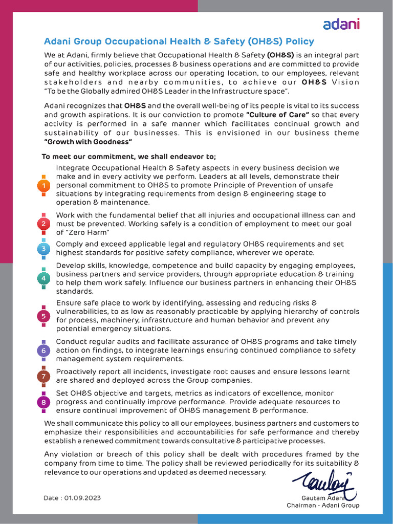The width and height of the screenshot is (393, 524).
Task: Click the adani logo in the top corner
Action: point(341,24)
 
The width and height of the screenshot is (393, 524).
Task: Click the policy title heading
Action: point(179,41)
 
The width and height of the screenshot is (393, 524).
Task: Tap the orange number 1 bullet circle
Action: point(44,185)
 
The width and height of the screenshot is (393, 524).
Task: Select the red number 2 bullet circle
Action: point(44,224)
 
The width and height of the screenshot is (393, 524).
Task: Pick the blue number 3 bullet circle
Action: point(44,249)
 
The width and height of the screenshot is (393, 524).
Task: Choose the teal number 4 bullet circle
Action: point(44,278)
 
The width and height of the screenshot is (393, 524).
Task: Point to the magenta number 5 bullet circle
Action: point(44,316)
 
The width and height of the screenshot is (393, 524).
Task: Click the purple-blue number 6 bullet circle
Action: point(44,351)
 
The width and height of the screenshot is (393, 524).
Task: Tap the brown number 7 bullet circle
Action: point(44,377)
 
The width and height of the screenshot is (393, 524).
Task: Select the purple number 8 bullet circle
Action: point(44,402)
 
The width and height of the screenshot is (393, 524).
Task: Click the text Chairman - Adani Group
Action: point(322,505)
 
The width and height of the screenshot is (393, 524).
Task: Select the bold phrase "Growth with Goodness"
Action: point(88,142)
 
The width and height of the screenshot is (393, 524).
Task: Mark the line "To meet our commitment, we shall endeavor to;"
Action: point(129,157)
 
